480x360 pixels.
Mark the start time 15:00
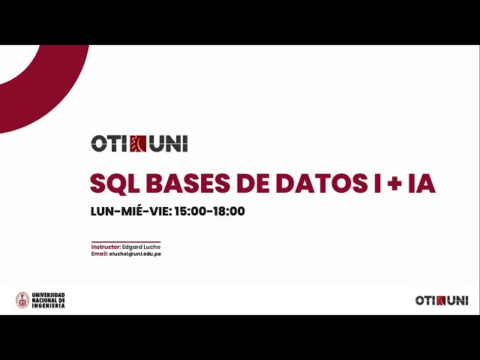190,211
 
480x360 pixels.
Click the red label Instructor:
106,247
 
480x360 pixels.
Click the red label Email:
100,253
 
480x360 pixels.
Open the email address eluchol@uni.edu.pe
135,253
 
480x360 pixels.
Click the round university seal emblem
22,300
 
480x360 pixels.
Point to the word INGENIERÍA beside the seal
49,306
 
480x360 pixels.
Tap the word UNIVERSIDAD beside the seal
49,295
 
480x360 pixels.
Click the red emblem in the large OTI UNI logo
138,143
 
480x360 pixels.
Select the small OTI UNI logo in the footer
442,300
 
